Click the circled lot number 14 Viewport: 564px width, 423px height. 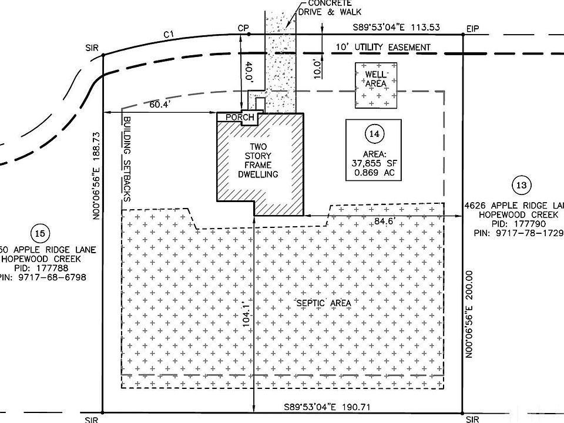373,134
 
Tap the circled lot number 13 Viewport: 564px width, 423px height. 521,186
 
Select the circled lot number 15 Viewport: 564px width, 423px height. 40,234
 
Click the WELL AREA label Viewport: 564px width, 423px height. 375,79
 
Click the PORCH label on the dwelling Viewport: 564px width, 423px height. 240,117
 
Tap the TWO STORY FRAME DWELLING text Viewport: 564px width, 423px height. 258,160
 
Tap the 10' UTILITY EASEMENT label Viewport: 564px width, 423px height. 382,47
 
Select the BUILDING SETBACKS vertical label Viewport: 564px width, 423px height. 126,159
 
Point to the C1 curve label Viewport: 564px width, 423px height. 169,35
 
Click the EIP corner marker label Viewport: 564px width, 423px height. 472,28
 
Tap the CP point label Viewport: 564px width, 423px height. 243,28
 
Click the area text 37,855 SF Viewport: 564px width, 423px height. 374,164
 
